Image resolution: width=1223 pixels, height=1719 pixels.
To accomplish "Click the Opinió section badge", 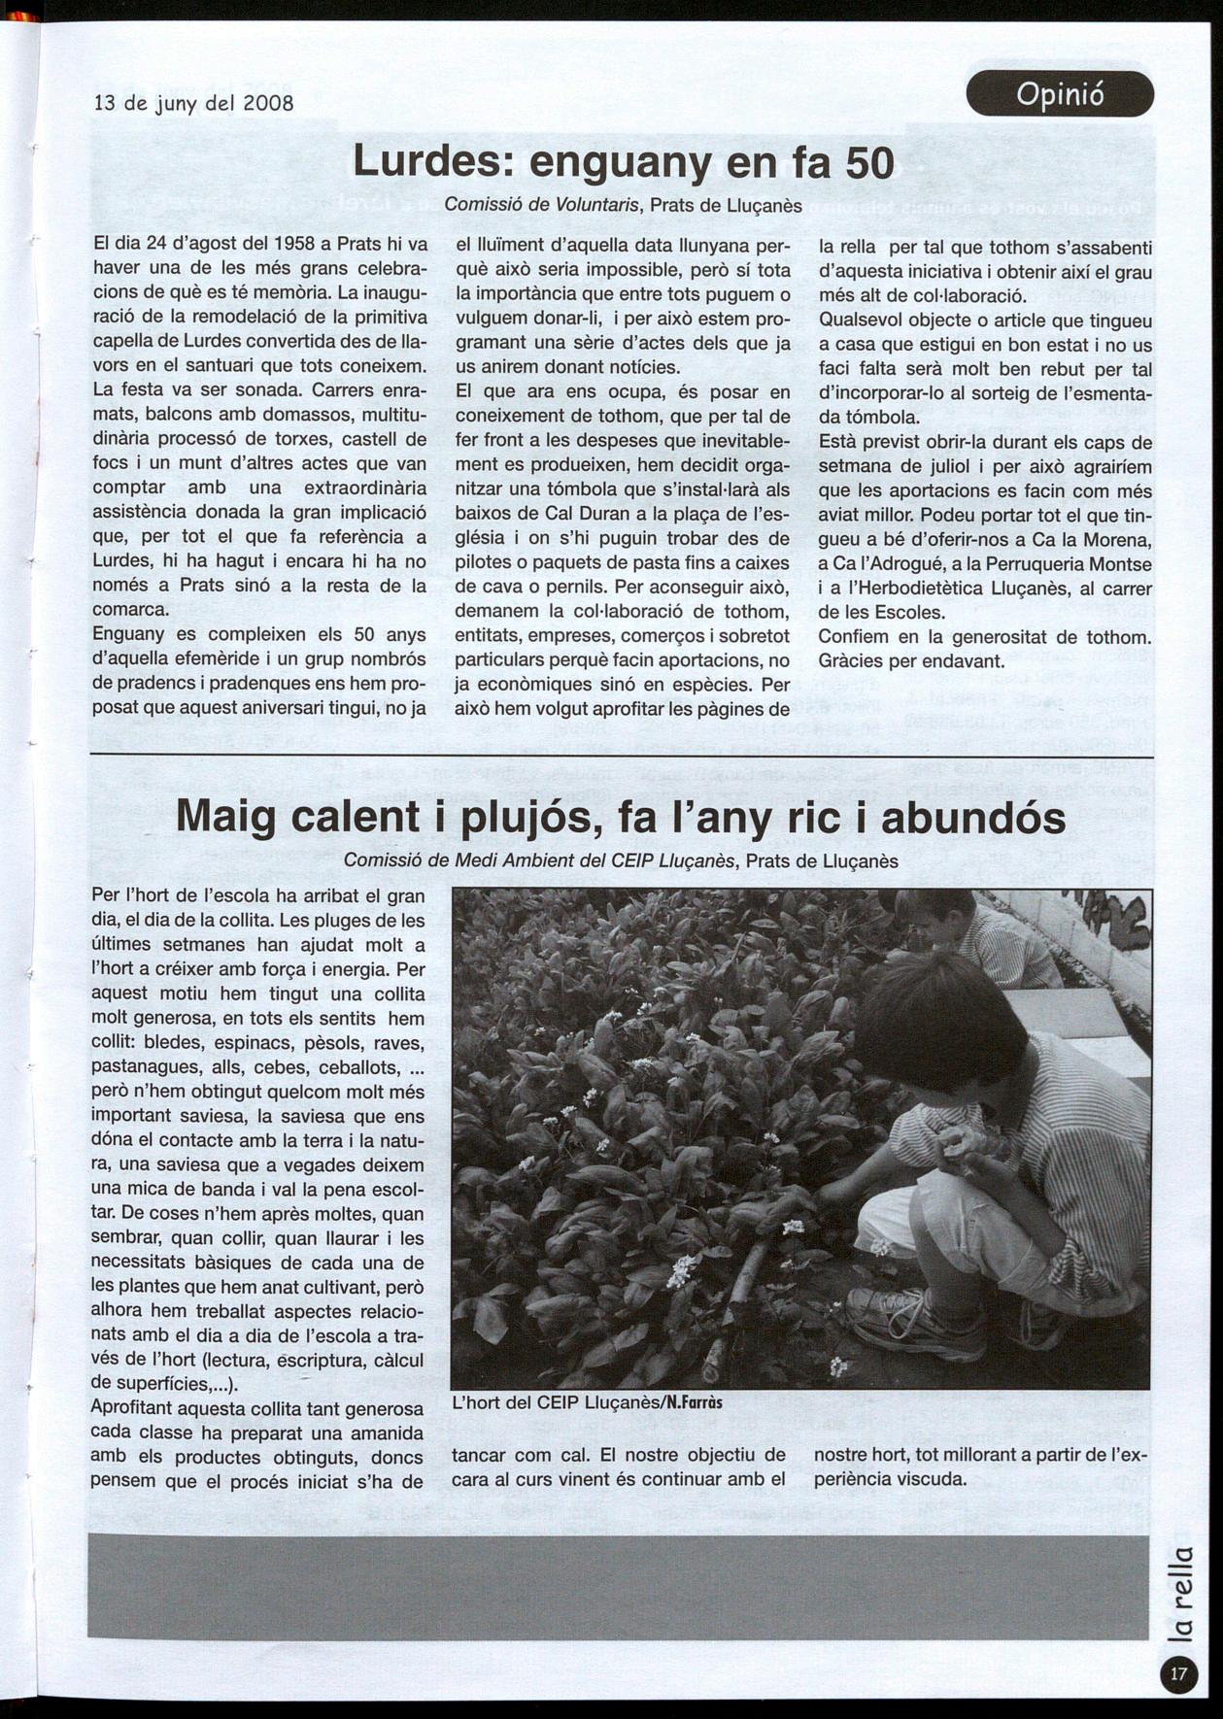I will [x=1060, y=94].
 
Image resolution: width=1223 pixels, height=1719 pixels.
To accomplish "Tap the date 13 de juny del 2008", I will [x=193, y=102].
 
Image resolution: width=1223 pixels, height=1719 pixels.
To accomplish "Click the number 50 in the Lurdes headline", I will [x=868, y=162].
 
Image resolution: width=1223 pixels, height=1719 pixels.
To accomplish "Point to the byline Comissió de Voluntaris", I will [x=542, y=205].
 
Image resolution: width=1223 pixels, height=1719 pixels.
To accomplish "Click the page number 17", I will [x=1178, y=1673].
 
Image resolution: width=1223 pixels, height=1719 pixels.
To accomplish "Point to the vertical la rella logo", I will [x=1178, y=1593].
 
